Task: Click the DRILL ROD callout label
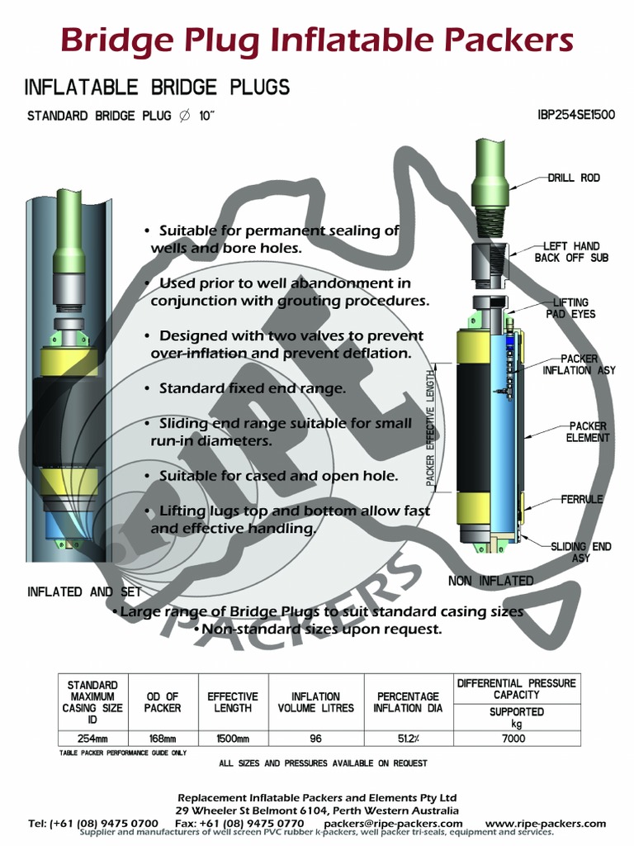coord(574,178)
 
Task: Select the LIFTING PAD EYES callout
coord(570,309)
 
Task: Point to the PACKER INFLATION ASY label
coord(579,364)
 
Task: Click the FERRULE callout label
coord(582,499)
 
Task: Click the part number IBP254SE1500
coord(576,115)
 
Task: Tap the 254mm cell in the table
coord(92,739)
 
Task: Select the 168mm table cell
coord(162,739)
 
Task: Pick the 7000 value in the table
coord(513,739)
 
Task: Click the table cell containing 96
coord(315,739)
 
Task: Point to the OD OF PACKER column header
coord(162,702)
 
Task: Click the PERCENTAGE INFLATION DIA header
coord(408,702)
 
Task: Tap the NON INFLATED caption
coord(490,581)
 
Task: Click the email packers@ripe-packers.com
coord(393,823)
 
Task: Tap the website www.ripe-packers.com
coord(545,823)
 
